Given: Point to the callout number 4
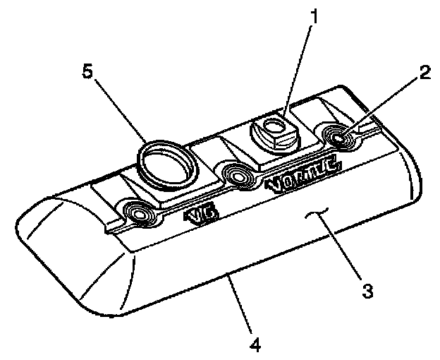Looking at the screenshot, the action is pyautogui.click(x=255, y=345).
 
